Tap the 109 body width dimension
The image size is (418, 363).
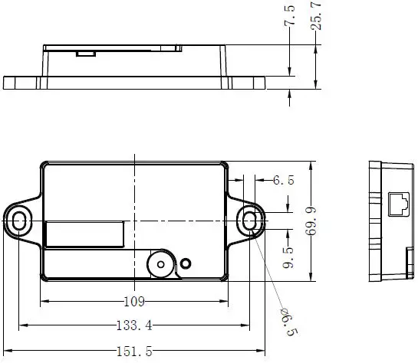click(x=134, y=300)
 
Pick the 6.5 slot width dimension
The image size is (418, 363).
click(x=284, y=180)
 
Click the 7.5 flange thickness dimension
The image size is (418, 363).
click(x=289, y=15)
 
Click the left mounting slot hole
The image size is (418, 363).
click(x=19, y=221)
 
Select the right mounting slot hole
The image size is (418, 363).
click(x=249, y=221)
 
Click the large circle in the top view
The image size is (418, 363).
click(x=160, y=264)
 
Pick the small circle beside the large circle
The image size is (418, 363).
click(x=185, y=265)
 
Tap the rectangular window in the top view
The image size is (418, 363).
click(x=84, y=234)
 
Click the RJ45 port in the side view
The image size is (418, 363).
click(x=399, y=204)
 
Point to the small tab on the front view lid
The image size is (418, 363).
click(x=86, y=53)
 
